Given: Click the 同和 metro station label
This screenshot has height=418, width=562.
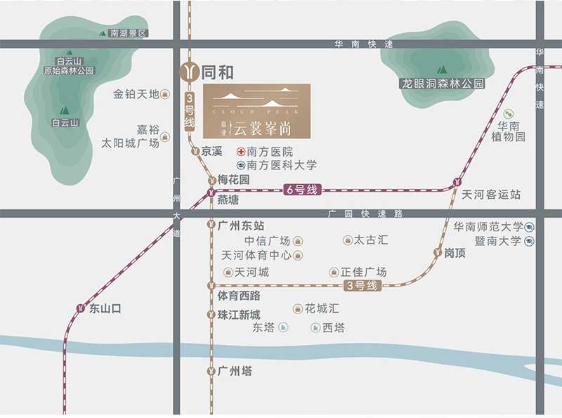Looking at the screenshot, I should tap(217, 72).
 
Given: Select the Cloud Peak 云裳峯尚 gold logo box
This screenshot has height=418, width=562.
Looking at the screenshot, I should tap(256, 111).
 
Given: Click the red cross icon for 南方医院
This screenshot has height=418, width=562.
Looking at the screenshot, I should tap(241, 152).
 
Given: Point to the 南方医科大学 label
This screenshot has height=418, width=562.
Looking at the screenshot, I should tap(282, 165).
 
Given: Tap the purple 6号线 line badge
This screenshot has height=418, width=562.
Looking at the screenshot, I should tap(303, 189).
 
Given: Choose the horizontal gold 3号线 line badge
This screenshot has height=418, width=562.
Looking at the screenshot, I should tap(363, 285).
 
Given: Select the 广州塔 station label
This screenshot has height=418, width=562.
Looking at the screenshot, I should tap(235, 371).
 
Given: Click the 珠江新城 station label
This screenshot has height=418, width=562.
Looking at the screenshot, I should tap(239, 315).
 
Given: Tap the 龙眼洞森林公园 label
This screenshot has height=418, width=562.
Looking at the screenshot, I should tap(443, 83).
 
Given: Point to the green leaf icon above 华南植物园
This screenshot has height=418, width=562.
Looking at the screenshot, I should tap(510, 114).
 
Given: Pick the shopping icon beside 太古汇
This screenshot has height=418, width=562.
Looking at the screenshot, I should tap(348, 240).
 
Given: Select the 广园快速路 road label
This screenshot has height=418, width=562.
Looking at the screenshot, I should tap(369, 214).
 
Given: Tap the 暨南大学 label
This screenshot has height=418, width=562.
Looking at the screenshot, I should tap(497, 241).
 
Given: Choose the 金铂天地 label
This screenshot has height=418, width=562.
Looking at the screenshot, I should tap(136, 94).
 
